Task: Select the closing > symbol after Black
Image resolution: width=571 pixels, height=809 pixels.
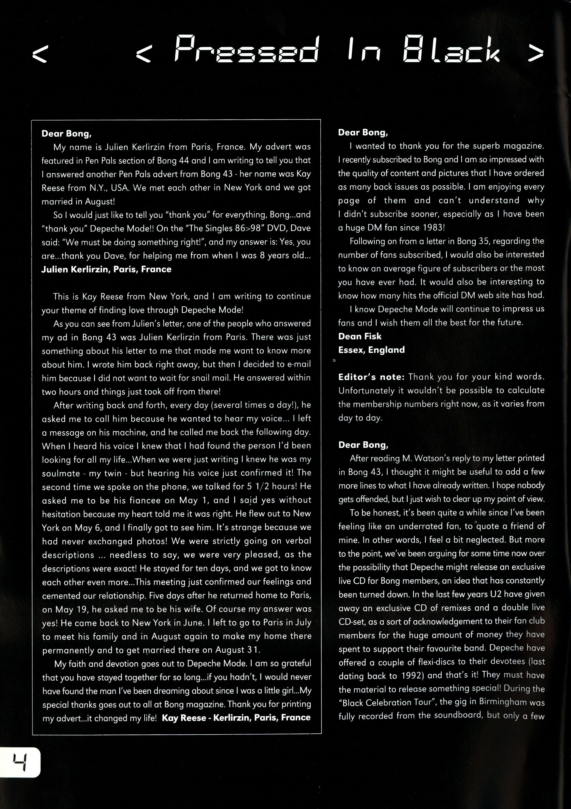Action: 536,53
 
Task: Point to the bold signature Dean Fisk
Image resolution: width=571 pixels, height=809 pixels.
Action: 360,336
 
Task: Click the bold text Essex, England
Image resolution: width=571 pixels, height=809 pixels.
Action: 371,350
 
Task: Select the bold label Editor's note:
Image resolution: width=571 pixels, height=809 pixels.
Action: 371,377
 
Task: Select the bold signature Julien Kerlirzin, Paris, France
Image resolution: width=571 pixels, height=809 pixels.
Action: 106,270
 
